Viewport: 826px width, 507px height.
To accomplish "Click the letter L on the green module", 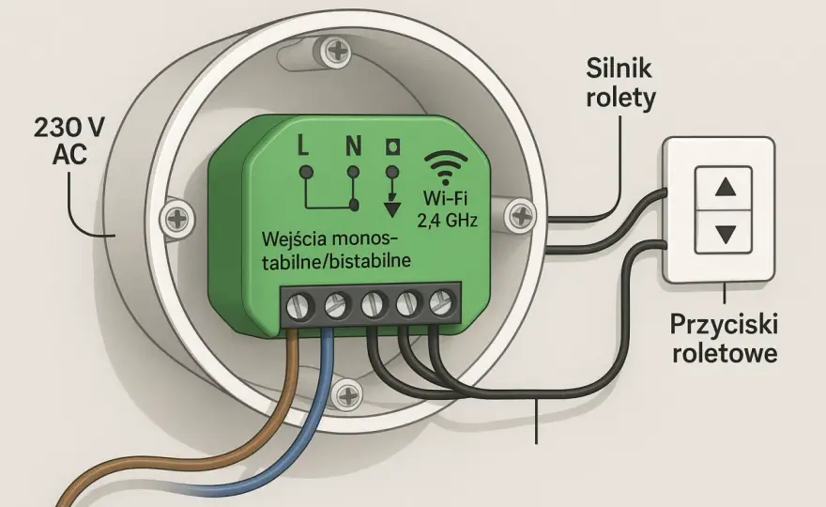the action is click(303, 146).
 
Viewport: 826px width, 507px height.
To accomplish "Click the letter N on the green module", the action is click(353, 146).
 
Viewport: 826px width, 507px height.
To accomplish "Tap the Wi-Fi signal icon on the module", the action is click(446, 167).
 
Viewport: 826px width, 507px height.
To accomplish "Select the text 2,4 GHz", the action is click(447, 220).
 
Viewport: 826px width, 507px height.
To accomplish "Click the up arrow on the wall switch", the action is click(726, 187).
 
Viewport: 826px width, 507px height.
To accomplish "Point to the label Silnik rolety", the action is click(620, 84).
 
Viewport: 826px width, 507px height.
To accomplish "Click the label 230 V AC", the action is click(69, 141).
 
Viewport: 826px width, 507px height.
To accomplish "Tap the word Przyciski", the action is click(724, 325).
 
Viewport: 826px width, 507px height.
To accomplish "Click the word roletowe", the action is click(725, 353).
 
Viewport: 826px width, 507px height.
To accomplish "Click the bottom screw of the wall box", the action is click(347, 394).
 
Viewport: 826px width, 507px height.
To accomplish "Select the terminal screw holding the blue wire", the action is click(338, 304).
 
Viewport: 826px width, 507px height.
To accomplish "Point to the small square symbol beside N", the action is click(392, 147).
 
